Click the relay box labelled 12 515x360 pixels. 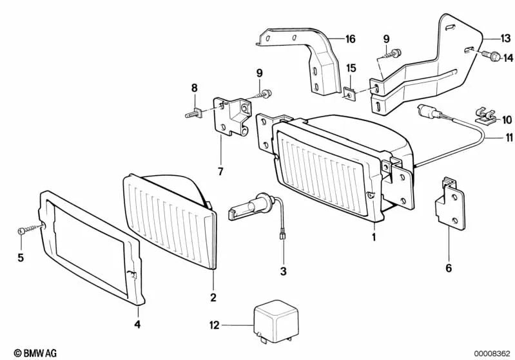click(277, 321)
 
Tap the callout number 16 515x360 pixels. click(351, 39)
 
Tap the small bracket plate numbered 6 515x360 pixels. click(450, 203)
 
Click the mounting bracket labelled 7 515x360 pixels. click(232, 117)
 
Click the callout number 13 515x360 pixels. click(505, 38)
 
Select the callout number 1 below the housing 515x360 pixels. click(373, 236)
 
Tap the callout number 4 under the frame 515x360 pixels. click(137, 324)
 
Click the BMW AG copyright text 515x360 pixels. click(35, 353)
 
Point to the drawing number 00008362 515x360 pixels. click(492, 354)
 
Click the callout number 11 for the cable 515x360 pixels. click(509, 138)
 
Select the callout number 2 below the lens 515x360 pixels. click(213, 298)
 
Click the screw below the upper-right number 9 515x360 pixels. click(392, 53)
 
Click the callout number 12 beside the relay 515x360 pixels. click(214, 325)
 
